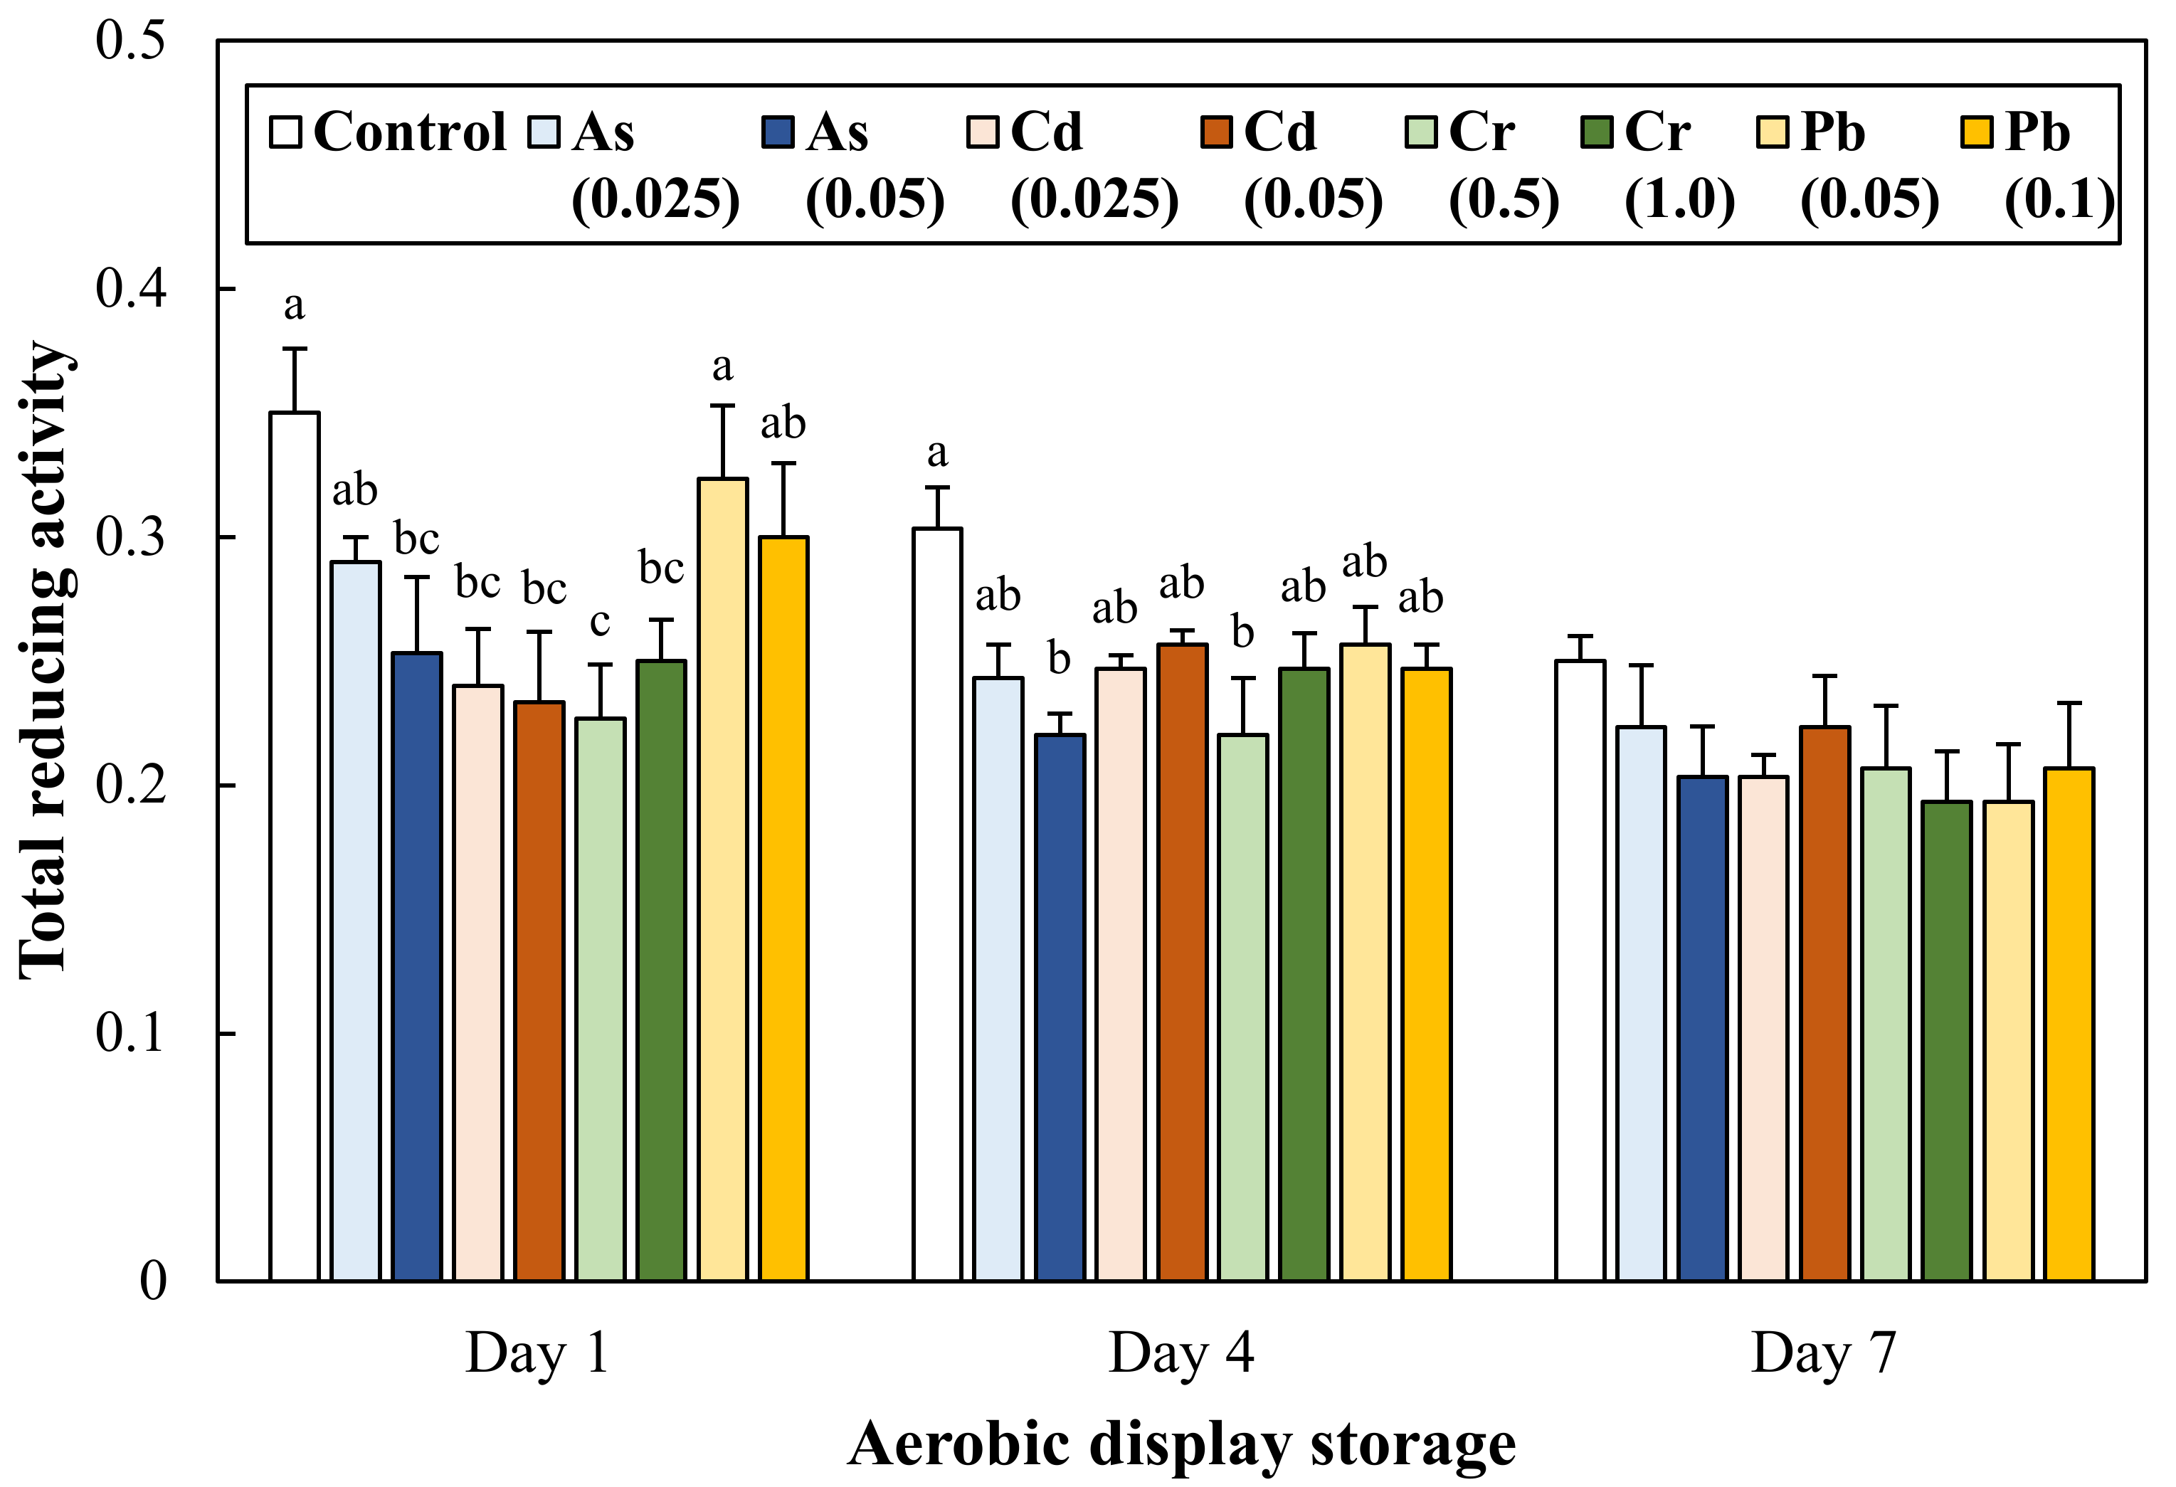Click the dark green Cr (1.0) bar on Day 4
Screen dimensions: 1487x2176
point(1304,974)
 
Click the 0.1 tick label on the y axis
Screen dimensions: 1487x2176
point(130,1033)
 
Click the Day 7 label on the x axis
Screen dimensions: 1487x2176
point(1823,1354)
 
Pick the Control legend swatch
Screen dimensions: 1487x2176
point(285,132)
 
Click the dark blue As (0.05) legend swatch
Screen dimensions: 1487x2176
point(778,132)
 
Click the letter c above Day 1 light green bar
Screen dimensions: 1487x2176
point(599,622)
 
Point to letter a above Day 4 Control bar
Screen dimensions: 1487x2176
point(936,453)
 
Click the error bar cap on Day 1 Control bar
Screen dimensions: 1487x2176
point(294,349)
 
